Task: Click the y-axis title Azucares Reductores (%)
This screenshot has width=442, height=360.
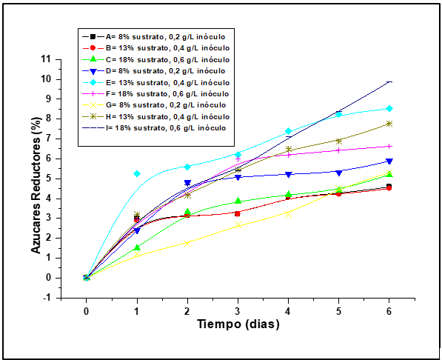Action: tap(36, 178)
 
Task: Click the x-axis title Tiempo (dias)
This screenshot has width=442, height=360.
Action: tap(238, 324)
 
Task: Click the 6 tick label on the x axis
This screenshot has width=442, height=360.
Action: tap(389, 310)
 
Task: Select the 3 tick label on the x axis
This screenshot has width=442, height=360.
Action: tap(238, 310)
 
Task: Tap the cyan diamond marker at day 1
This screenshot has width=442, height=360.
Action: tap(137, 173)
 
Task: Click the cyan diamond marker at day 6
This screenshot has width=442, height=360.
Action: tap(389, 108)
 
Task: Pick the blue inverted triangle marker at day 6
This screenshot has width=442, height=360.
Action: tap(389, 161)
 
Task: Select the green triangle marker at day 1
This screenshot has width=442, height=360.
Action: tap(137, 247)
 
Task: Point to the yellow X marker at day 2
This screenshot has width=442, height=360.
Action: tap(187, 243)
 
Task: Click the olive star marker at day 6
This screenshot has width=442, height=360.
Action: tap(389, 124)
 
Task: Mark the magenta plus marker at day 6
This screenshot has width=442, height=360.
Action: tap(389, 146)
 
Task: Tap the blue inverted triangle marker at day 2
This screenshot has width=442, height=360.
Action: tap(187, 182)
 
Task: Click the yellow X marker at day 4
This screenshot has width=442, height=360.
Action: tap(289, 213)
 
